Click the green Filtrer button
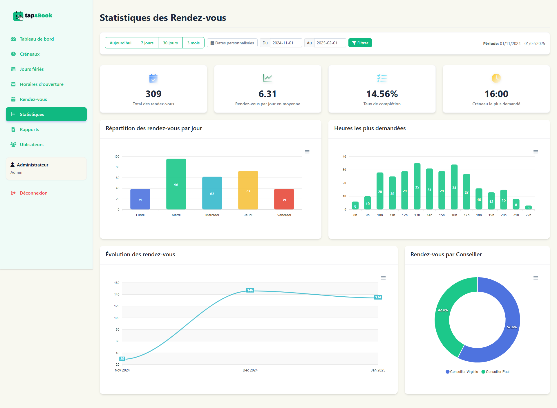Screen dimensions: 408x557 tap(360, 43)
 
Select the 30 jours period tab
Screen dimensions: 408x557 tap(170, 43)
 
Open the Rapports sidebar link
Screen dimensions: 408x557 tap(29, 130)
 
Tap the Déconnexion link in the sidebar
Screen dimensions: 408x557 tap(33, 193)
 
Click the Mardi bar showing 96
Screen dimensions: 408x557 tap(176, 184)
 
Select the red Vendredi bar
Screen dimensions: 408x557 tap(284, 199)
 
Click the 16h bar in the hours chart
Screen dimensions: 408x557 tap(454, 187)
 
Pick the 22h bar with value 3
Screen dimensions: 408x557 tap(528, 208)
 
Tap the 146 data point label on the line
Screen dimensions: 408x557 tap(250, 290)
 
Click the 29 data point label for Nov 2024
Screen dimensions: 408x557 tap(122, 359)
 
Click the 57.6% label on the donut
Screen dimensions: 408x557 tap(511, 327)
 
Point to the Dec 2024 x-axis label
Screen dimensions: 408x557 tap(250, 370)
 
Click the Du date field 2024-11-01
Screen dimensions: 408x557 tap(285, 43)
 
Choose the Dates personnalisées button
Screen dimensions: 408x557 tap(232, 43)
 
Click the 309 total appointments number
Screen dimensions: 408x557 tap(153, 94)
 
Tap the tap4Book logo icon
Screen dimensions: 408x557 tap(18, 16)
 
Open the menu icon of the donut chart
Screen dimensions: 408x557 tap(536, 278)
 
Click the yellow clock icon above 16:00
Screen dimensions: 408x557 tap(496, 78)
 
